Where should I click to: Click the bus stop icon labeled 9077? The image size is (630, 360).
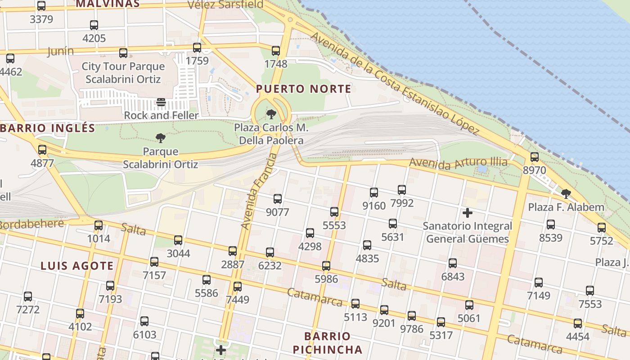point(278,198)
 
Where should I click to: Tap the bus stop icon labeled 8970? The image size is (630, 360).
point(534,157)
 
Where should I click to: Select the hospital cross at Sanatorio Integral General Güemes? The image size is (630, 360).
point(468,212)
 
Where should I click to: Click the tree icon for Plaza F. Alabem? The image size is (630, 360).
point(566,194)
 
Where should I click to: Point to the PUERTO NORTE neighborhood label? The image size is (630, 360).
point(304,89)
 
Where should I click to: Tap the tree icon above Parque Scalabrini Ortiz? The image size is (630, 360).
point(161,138)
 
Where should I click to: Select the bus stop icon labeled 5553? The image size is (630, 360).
point(334,212)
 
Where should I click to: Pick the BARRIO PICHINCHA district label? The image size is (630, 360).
point(327,343)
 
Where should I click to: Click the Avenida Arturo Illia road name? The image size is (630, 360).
point(458,162)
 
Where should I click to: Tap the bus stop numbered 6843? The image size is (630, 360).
point(453,263)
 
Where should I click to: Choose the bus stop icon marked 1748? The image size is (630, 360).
point(276,51)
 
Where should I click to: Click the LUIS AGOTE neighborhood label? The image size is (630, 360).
point(77,265)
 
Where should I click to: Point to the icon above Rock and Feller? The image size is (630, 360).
point(161,102)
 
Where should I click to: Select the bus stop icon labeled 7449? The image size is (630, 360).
point(238,286)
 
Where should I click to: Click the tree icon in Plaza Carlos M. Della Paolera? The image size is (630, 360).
point(271,114)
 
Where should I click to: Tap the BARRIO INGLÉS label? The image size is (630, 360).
point(48,128)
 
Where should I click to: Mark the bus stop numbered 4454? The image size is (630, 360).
point(578,324)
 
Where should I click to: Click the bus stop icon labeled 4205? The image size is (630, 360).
point(94,25)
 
